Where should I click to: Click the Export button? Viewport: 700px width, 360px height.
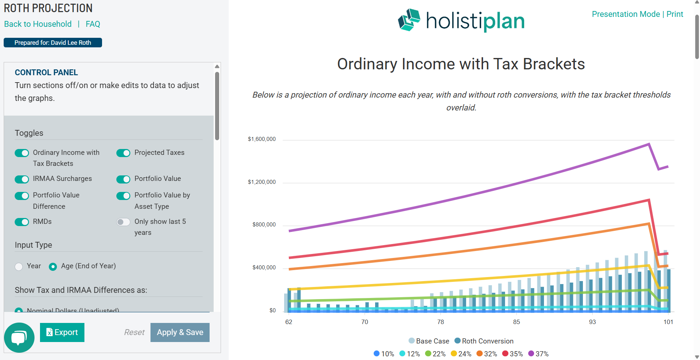click(x=62, y=332)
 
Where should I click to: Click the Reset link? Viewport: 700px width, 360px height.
click(x=134, y=332)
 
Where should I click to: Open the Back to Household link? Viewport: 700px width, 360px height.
click(x=38, y=24)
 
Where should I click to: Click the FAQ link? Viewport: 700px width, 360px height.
click(x=93, y=24)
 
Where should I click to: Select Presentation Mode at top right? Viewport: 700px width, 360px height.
click(x=625, y=14)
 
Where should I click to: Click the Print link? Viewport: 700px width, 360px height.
click(x=675, y=14)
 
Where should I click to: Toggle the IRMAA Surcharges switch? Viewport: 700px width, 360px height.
click(x=22, y=179)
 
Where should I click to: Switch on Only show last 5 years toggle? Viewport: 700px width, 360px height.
click(x=123, y=222)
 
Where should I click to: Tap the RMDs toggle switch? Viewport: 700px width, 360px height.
click(x=22, y=222)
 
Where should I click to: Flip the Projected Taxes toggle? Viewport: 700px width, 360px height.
click(x=123, y=153)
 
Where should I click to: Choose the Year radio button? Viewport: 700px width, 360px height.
click(x=19, y=267)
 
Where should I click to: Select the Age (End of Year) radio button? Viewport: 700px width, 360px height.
click(x=53, y=267)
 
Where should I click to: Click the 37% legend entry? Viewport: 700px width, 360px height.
click(x=538, y=354)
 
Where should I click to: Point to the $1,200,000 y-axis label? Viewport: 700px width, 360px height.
click(x=262, y=182)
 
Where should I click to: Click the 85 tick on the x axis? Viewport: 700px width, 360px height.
click(x=516, y=322)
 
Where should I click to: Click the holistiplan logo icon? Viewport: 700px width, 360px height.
click(x=409, y=20)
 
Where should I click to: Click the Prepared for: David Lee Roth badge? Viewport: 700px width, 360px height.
click(x=53, y=43)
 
